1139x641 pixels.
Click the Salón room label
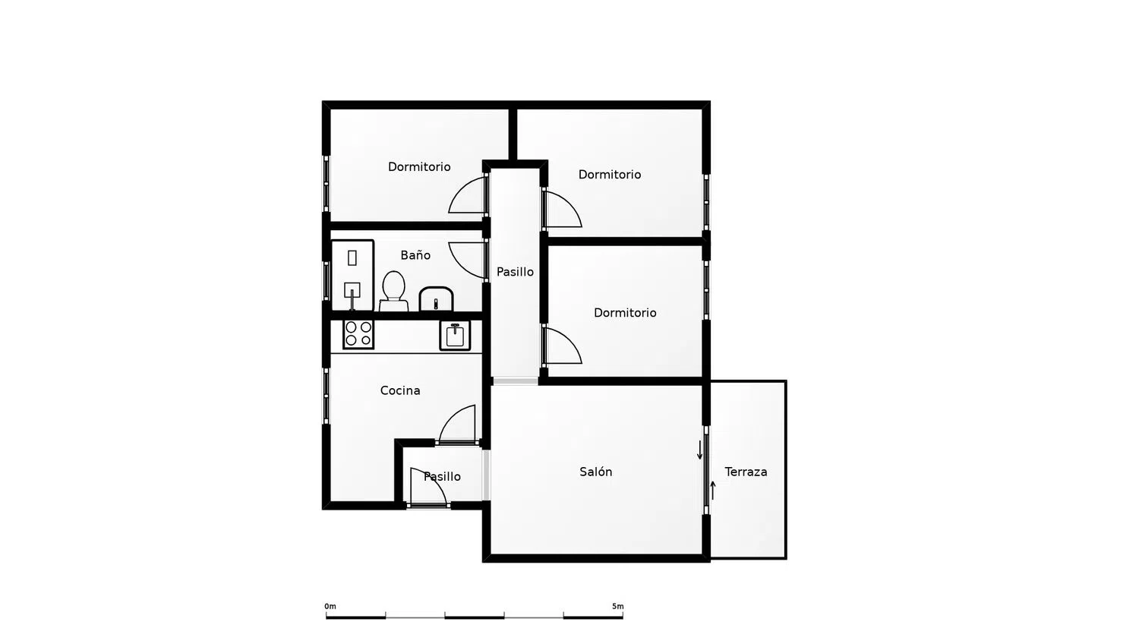pos(595,472)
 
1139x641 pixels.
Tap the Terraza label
pos(746,472)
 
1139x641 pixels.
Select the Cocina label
pos(400,390)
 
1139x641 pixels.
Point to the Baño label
pos(415,255)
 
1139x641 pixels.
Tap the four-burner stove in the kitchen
pos(358,333)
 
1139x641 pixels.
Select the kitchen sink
pos(455,335)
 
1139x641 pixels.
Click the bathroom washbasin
pos(436,299)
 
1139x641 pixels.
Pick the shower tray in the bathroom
pos(352,276)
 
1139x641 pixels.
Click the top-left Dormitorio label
pos(419,167)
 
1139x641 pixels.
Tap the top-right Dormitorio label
pos(610,175)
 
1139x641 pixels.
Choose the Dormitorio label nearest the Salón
pos(625,313)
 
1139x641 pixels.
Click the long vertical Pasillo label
pos(515,272)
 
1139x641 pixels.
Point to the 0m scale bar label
pos(330,606)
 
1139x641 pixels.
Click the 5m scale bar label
pos(618,606)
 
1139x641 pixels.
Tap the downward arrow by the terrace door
pos(700,450)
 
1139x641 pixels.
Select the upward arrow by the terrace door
pos(713,490)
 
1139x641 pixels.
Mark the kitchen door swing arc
pos(459,423)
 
